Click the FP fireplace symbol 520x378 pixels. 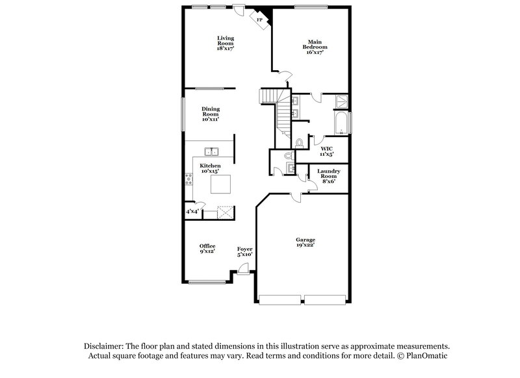point(261,20)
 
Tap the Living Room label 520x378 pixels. point(226,43)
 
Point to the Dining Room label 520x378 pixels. point(210,114)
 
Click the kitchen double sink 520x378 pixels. point(211,153)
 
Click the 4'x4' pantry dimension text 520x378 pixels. point(192,211)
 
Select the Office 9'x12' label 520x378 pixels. point(207,248)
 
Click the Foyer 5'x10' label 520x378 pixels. point(244,251)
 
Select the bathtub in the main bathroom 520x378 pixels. point(341,122)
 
